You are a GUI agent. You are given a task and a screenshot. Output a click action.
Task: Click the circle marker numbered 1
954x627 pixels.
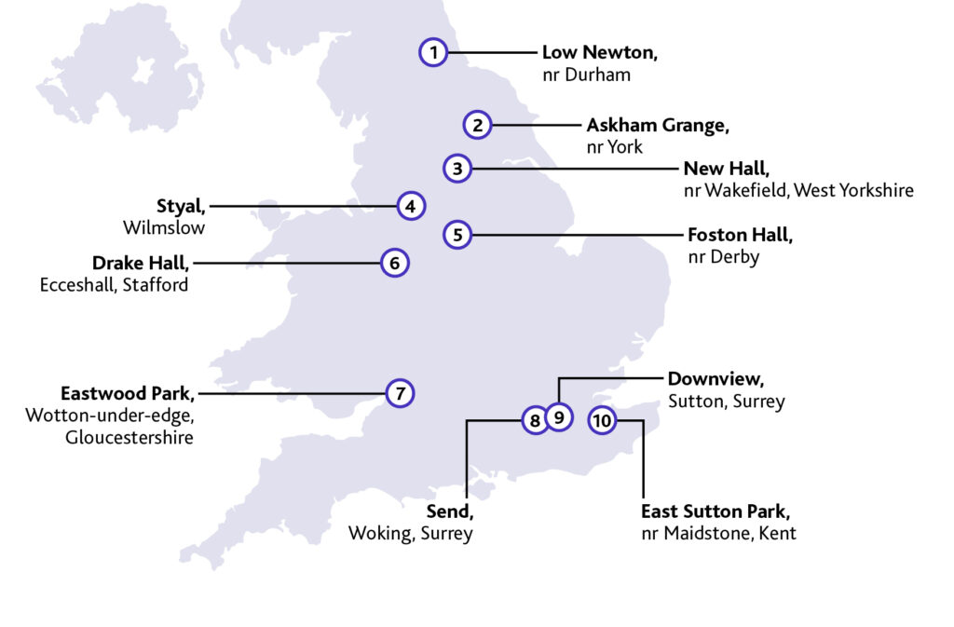click(432, 53)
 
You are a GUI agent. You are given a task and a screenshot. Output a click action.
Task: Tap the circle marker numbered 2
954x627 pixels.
click(477, 125)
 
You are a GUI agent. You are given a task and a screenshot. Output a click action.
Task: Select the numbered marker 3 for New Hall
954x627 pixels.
click(457, 169)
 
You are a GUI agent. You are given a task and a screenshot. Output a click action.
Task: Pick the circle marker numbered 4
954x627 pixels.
click(411, 206)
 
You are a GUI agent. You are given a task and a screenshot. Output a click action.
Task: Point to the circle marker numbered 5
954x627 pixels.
click(457, 235)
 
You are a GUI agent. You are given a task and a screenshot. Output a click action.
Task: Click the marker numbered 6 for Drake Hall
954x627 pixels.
click(395, 264)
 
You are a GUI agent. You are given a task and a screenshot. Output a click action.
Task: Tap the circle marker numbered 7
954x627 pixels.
click(400, 393)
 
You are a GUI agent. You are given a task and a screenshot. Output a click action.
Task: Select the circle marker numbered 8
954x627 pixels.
click(535, 421)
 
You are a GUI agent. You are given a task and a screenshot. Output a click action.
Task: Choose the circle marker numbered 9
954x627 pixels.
click(558, 416)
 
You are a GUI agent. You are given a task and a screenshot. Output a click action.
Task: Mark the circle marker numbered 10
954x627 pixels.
click(603, 421)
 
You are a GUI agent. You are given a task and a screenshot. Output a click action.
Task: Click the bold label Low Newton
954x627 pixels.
click(600, 53)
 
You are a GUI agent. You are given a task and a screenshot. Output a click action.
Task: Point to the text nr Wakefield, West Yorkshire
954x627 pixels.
click(798, 190)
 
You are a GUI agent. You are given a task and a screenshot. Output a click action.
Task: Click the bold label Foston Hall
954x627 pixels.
click(740, 235)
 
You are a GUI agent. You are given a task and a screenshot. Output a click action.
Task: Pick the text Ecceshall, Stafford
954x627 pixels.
click(114, 285)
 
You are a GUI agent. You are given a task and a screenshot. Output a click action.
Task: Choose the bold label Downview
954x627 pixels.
click(716, 380)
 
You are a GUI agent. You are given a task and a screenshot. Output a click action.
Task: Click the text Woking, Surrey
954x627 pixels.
click(411, 534)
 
